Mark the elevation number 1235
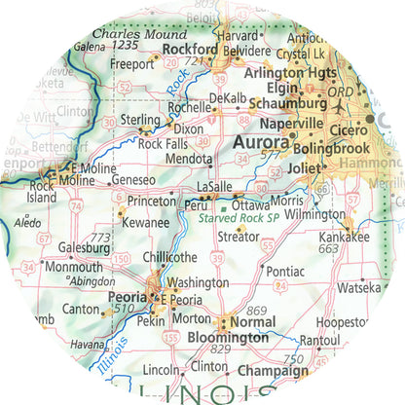pyautogui.click(x=125, y=45)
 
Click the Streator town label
pyautogui.click(x=238, y=237)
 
